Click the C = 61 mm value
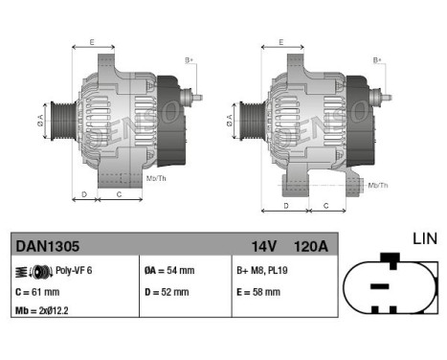(37, 292)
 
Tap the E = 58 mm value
(258, 292)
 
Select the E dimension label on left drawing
(92, 42)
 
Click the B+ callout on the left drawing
(189, 60)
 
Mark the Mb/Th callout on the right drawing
(377, 184)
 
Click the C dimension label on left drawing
(119, 194)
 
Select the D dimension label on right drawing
(286, 207)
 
